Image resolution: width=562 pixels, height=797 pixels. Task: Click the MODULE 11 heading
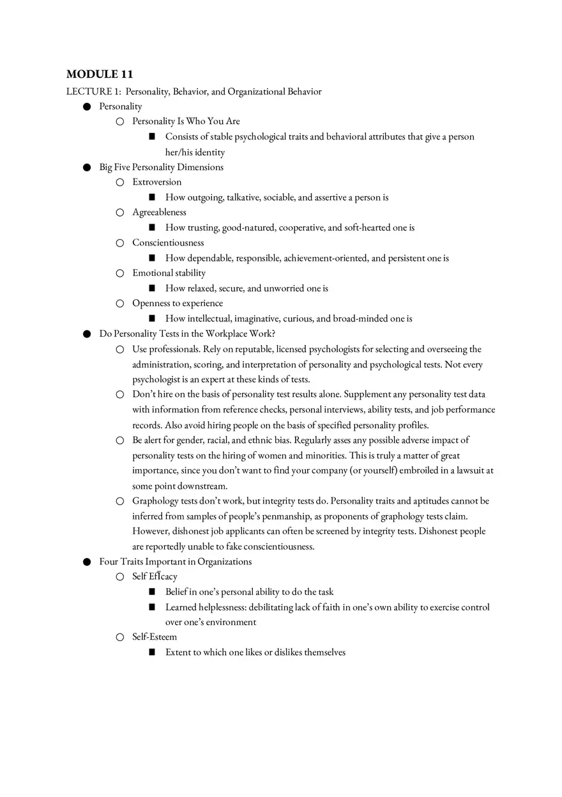pos(100,75)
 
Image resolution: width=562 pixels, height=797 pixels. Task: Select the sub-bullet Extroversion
pos(156,182)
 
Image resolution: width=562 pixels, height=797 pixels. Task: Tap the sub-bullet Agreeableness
pos(159,212)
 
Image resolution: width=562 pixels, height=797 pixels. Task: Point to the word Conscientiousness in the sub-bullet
pos(168,243)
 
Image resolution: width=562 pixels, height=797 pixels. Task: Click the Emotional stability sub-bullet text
pos(169,273)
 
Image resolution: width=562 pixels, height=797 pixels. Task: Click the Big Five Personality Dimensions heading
pos(161,167)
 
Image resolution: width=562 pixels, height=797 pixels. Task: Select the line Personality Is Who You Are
pos(186,121)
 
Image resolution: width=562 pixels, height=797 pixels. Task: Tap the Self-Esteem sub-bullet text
pos(155,637)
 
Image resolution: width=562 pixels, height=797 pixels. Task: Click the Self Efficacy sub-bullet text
pos(155,576)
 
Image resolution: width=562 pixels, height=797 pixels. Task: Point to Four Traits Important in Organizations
pos(175,562)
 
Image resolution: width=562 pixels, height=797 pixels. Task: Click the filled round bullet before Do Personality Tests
pos(87,334)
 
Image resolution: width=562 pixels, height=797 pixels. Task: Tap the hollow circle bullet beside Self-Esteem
pos(119,637)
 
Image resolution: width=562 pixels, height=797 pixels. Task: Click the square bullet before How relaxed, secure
pos(152,288)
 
